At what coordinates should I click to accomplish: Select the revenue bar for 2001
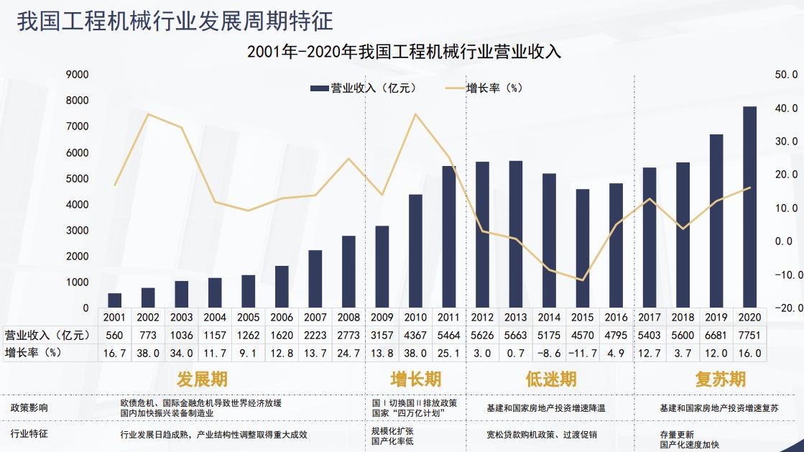pyautogui.click(x=115, y=300)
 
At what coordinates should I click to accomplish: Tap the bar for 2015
pyautogui.click(x=583, y=249)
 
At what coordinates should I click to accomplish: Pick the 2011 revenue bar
pyautogui.click(x=449, y=237)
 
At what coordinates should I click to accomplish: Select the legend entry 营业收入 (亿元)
pyautogui.click(x=364, y=88)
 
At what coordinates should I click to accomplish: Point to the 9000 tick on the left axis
pyautogui.click(x=77, y=74)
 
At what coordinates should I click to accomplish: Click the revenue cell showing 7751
pyautogui.click(x=749, y=335)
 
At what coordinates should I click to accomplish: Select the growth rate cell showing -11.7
pyautogui.click(x=583, y=352)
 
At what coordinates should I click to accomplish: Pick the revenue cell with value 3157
pyautogui.click(x=382, y=335)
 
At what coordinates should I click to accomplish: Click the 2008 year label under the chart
pyautogui.click(x=348, y=317)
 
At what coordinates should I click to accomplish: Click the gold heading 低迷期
pyautogui.click(x=551, y=379)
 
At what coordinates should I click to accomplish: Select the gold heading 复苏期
pyautogui.click(x=720, y=379)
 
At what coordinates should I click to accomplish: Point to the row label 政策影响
pyautogui.click(x=29, y=407)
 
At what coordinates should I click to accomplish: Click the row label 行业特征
pyautogui.click(x=29, y=434)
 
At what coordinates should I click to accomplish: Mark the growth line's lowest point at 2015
pyautogui.click(x=583, y=280)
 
